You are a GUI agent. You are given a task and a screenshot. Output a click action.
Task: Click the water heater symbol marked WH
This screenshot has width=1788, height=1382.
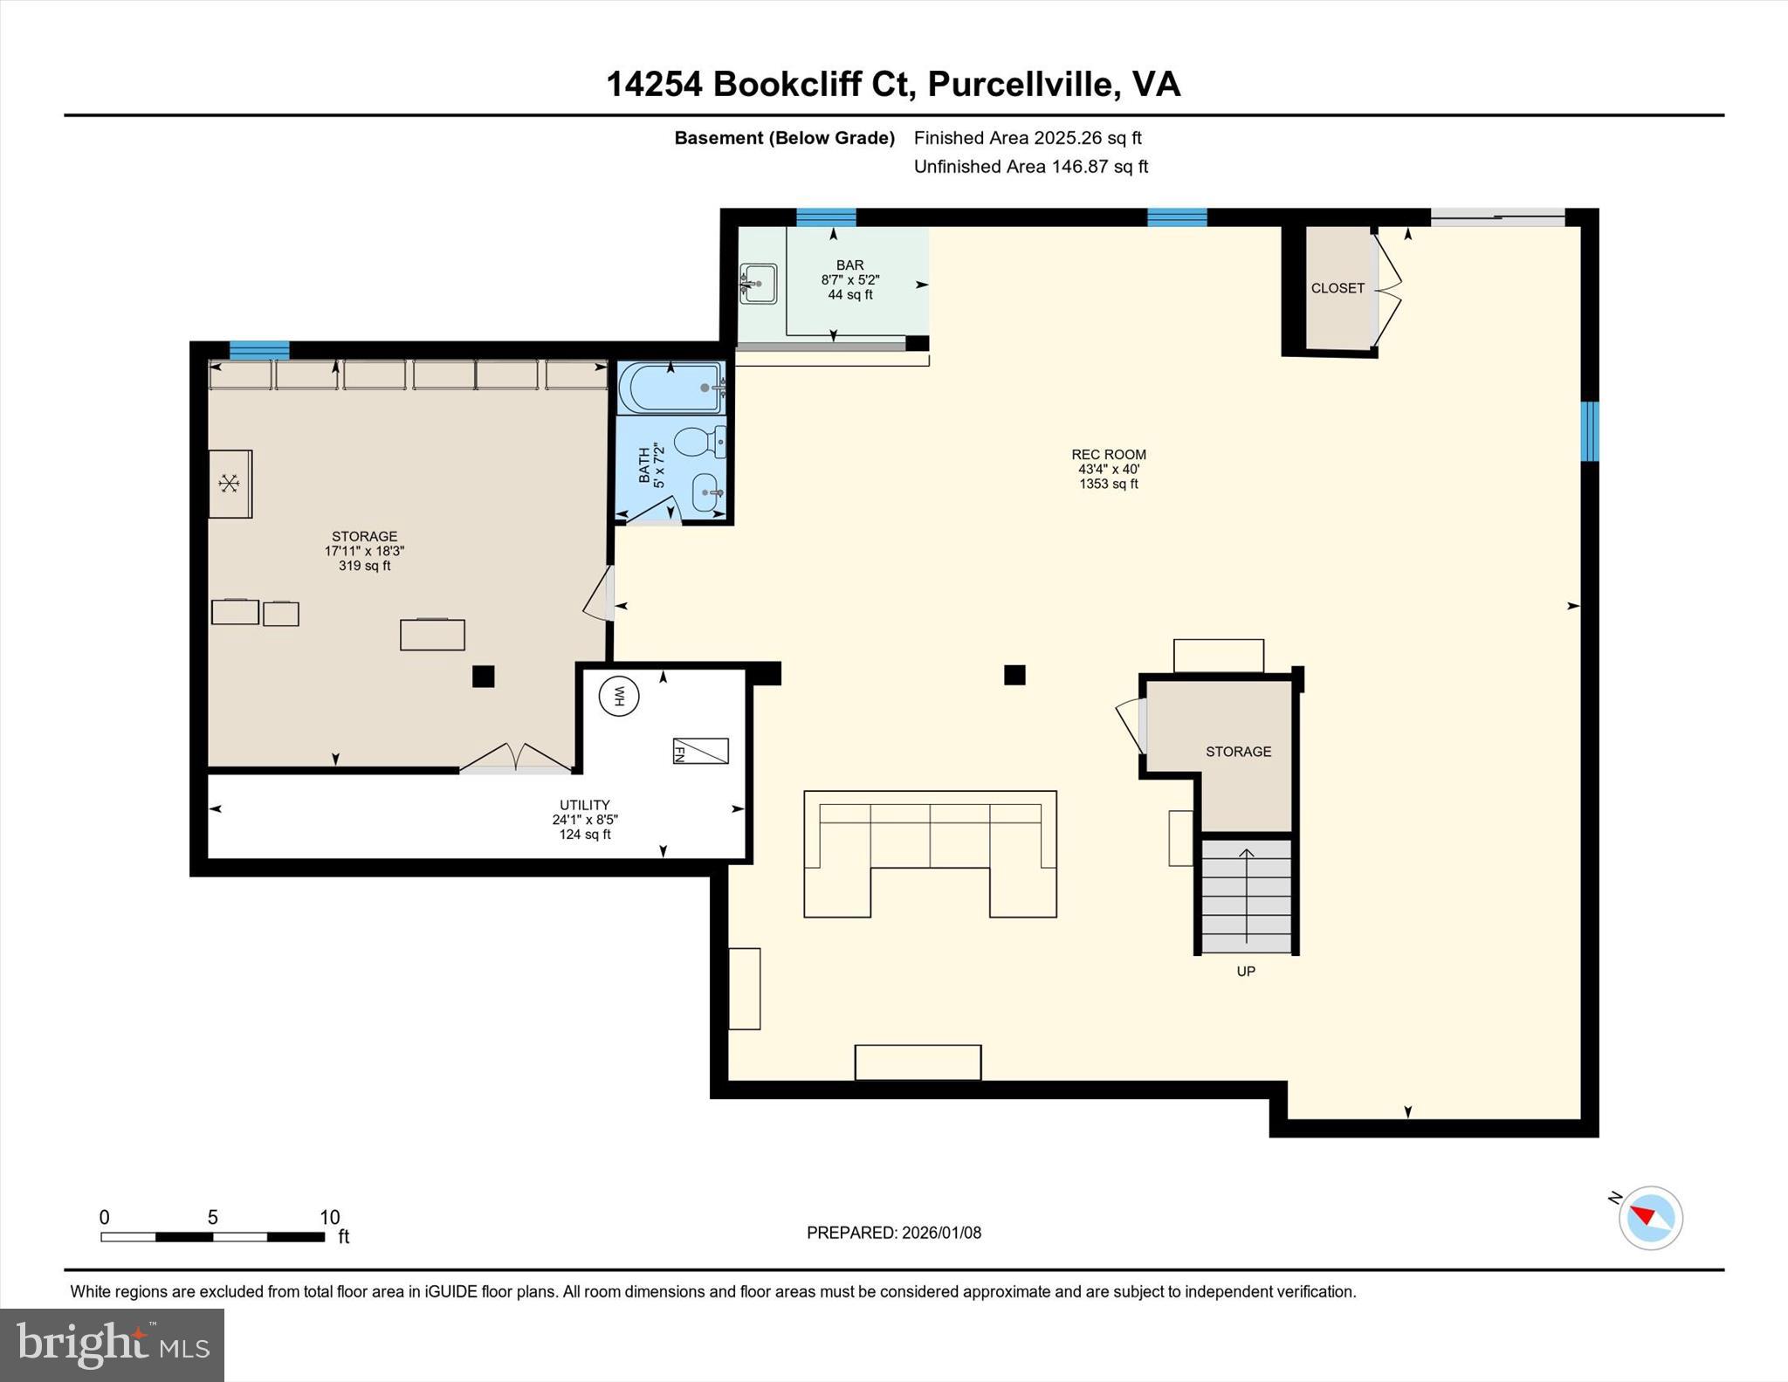[619, 696]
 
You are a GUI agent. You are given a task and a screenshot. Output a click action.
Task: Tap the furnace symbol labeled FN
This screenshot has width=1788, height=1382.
[700, 751]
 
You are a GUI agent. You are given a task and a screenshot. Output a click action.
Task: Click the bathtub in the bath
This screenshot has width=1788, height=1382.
[670, 388]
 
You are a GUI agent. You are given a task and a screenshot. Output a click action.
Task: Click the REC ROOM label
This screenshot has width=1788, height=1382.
[1109, 454]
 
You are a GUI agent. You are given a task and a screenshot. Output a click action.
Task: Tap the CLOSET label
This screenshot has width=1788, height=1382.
[1337, 288]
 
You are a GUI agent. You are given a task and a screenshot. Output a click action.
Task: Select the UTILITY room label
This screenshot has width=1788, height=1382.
[584, 805]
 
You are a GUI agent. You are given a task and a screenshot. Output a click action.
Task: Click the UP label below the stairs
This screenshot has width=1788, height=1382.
[1245, 971]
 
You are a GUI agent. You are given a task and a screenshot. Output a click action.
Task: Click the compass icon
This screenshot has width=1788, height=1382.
[1650, 1217]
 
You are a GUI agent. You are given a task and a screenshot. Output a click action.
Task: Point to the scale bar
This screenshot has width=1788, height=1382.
[212, 1236]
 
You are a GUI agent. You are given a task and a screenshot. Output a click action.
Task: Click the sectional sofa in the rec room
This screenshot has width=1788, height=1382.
[930, 851]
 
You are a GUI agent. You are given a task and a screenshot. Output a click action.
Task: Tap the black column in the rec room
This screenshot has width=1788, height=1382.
[1014, 675]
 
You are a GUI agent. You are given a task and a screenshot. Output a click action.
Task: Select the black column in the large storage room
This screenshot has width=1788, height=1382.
[483, 677]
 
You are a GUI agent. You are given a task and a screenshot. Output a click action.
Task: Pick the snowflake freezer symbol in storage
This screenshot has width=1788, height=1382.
[229, 483]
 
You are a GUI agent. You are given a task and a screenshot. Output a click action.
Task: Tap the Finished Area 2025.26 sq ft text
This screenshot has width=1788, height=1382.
[1027, 138]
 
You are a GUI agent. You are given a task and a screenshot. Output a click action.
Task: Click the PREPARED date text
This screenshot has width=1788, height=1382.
[893, 1233]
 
